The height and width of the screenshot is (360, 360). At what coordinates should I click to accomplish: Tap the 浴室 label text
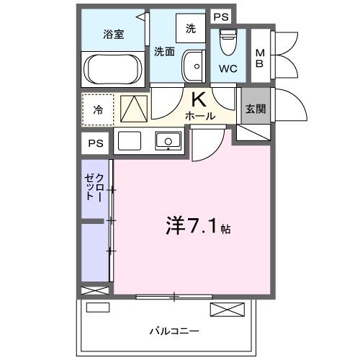pos(113,33)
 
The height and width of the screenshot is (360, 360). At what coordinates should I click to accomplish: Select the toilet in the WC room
pos(228,42)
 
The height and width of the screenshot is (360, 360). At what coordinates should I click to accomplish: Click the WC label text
pos(228,69)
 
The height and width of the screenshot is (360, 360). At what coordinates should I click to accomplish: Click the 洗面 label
pos(164,51)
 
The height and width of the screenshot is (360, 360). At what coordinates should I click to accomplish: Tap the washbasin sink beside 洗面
pos(192,66)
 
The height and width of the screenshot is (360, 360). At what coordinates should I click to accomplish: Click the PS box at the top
pos(221,16)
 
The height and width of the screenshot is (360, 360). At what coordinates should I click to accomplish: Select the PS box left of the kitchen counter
pos(96,143)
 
